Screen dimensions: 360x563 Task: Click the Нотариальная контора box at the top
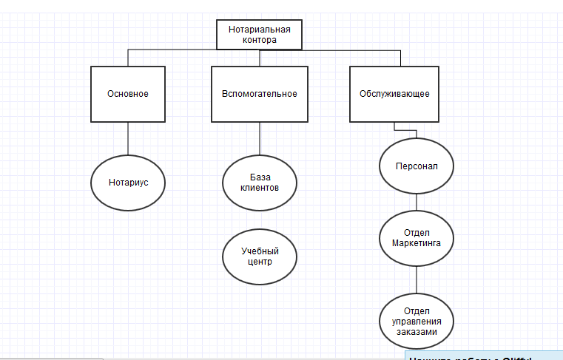pyautogui.click(x=259, y=35)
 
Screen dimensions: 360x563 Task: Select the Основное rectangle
pyautogui.click(x=128, y=94)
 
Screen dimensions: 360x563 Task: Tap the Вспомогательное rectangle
pyautogui.click(x=259, y=94)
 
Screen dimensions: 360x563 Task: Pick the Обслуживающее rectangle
pyautogui.click(x=394, y=94)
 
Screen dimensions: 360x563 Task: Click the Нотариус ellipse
pyautogui.click(x=128, y=182)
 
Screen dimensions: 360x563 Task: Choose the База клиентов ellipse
pyautogui.click(x=260, y=182)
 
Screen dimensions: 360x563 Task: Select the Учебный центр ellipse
pyautogui.click(x=260, y=257)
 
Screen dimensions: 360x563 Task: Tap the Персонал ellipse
pyautogui.click(x=417, y=166)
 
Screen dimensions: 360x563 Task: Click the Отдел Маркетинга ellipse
pyautogui.click(x=417, y=239)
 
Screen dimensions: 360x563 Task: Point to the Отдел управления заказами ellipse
pyautogui.click(x=417, y=321)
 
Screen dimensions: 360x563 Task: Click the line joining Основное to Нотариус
pyautogui.click(x=128, y=140)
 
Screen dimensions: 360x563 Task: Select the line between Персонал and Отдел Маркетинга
pyautogui.click(x=417, y=202)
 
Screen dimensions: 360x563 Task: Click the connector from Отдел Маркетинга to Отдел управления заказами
pyautogui.click(x=417, y=279)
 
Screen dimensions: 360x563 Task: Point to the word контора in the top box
pyautogui.click(x=259, y=41)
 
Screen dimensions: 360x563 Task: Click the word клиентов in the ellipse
pyautogui.click(x=260, y=188)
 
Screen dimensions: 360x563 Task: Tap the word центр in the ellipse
pyautogui.click(x=260, y=262)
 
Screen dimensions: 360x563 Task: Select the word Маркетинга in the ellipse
pyautogui.click(x=417, y=244)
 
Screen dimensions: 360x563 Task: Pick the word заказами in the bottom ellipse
pyautogui.click(x=417, y=332)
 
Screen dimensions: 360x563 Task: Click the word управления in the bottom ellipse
pyautogui.click(x=417, y=321)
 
